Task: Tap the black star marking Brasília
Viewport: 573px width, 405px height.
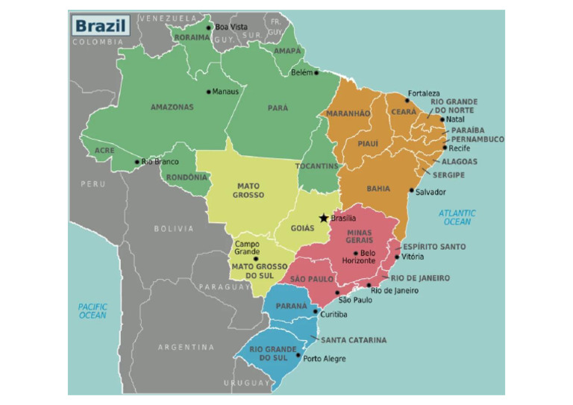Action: pos(323,218)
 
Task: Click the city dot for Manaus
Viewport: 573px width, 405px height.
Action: pos(208,92)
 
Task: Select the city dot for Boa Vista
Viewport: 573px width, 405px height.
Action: pos(209,28)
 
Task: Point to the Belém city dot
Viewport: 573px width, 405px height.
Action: pos(316,73)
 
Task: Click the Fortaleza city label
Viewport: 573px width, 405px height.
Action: pos(423,94)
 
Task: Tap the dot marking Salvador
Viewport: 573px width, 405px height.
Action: pos(411,191)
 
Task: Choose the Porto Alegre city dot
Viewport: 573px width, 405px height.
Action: pos(299,359)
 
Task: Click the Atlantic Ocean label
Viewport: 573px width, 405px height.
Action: pos(457,217)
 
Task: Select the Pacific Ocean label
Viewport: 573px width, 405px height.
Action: pos(93,311)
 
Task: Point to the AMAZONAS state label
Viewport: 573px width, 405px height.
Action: pos(172,107)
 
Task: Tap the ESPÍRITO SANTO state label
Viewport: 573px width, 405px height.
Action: pos(434,247)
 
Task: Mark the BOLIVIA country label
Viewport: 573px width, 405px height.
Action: pos(174,229)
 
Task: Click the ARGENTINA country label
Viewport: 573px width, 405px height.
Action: pos(186,347)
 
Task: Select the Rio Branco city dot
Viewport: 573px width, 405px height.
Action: pos(137,162)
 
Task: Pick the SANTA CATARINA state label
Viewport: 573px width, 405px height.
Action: pos(354,340)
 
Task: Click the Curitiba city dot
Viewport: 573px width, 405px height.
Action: pos(316,313)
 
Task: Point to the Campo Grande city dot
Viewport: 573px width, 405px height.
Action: pos(256,259)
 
